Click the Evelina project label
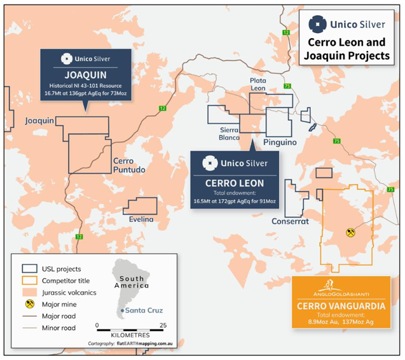[x=141, y=219]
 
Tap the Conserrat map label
[x=290, y=221]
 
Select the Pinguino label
[x=280, y=142]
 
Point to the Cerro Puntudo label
[x=129, y=165]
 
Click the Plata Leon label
[x=257, y=84]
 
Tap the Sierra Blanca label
[x=229, y=134]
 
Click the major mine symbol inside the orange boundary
[x=350, y=232]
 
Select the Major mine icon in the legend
[x=30, y=304]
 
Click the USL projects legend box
[x=29, y=269]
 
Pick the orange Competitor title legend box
[x=29, y=280]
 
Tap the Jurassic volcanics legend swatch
[x=29, y=293]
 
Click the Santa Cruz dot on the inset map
[x=122, y=310]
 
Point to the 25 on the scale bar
[x=163, y=325]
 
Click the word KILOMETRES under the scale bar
[x=130, y=335]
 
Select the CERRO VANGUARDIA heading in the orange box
[x=341, y=306]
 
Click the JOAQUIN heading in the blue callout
[x=85, y=75]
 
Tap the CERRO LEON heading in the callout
[x=235, y=183]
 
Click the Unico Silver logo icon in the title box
[x=318, y=24]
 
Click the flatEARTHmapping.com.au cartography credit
[x=144, y=343]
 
